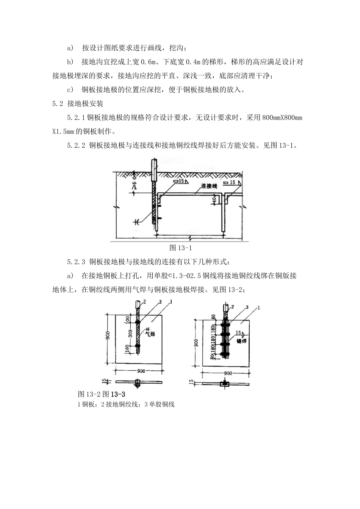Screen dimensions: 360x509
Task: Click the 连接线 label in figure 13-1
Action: tap(208, 186)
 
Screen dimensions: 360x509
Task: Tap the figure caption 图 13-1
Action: tap(181, 248)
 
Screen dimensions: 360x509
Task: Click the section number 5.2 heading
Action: tap(58, 103)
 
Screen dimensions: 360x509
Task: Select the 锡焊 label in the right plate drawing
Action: tap(241, 341)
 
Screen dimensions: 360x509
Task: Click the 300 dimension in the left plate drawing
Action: tap(130, 334)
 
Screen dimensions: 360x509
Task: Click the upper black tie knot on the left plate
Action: tap(137, 322)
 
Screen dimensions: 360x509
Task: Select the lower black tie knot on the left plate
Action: tap(137, 346)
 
